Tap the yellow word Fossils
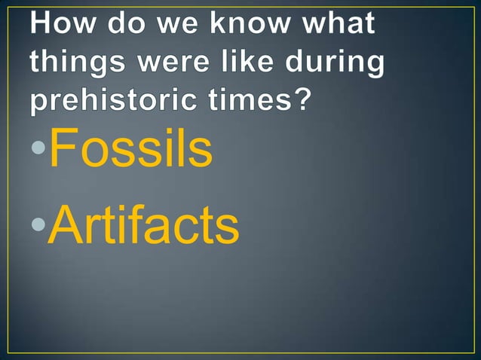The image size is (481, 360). [130, 150]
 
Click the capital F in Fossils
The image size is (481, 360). [63, 149]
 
